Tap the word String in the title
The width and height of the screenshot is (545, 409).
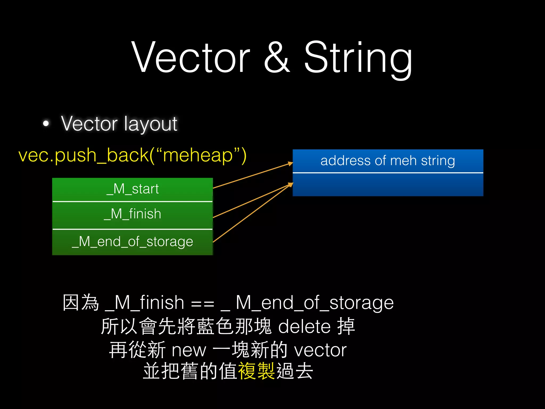tap(358, 57)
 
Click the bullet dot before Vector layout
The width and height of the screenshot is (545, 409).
tap(46, 124)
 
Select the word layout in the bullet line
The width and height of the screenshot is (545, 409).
tap(151, 124)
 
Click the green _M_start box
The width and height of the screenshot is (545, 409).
tap(133, 189)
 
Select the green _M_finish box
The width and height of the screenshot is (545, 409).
tap(133, 215)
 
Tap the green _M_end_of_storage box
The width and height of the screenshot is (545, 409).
tap(133, 242)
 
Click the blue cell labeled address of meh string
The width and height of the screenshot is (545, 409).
tap(388, 161)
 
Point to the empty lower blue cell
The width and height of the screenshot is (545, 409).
tap(388, 185)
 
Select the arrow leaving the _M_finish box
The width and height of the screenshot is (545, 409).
tap(253, 200)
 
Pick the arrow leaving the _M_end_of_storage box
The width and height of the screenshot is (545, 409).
tap(253, 213)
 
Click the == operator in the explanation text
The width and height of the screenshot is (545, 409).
tap(203, 304)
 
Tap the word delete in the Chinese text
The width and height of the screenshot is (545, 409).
tap(304, 327)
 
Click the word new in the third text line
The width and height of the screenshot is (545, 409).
tap(189, 350)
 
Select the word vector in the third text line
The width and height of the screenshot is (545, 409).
tap(320, 350)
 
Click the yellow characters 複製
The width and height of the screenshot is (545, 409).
tap(256, 371)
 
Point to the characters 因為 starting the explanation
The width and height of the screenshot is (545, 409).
tap(81, 303)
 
